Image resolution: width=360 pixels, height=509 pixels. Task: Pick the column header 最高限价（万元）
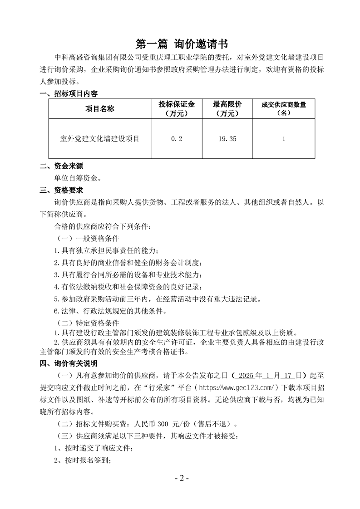(227, 109)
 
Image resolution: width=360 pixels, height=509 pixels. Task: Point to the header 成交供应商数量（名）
(284, 109)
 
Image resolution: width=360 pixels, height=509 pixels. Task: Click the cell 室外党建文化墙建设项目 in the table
(100, 139)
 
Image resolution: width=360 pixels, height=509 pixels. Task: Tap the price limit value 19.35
(227, 139)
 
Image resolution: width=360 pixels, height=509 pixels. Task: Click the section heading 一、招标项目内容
(69, 94)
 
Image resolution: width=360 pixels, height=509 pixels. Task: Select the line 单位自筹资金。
(78, 178)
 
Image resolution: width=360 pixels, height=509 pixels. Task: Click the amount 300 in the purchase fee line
(163, 425)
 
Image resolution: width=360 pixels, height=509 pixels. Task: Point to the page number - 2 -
(180, 479)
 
